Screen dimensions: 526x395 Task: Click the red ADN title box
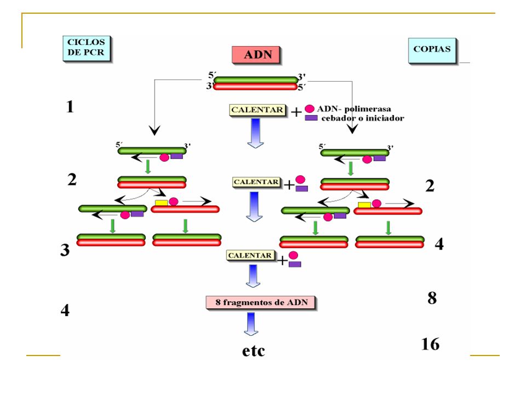(256, 54)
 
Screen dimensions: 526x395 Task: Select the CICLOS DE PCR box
(86, 48)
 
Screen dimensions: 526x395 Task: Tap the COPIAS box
(432, 50)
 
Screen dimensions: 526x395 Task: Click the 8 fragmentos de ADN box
(261, 303)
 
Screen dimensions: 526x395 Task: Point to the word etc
(254, 351)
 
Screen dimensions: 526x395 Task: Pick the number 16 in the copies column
(430, 345)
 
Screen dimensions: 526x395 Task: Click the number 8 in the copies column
(432, 298)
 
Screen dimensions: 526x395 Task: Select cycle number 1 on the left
(70, 106)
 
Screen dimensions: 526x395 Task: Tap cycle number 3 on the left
(65, 250)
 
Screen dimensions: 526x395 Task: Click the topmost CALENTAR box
(258, 110)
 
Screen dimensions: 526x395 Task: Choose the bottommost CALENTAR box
(250, 255)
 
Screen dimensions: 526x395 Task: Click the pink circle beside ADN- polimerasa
(309, 109)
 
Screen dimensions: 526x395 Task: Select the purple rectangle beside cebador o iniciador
(311, 118)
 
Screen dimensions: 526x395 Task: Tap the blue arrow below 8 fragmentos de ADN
(251, 324)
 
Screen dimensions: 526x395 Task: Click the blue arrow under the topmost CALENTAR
(256, 133)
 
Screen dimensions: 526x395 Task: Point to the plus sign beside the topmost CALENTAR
(296, 112)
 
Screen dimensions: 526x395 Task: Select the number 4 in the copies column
(439, 244)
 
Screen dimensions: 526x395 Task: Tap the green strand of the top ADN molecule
(256, 80)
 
